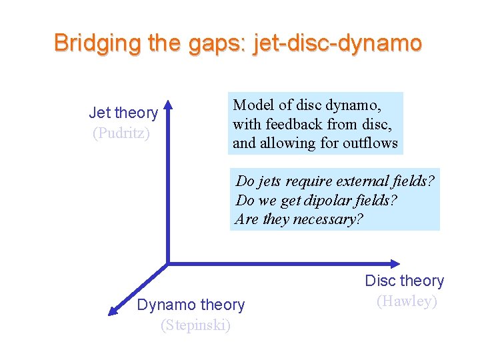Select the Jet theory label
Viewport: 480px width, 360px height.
123,113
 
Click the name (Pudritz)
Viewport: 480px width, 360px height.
121,133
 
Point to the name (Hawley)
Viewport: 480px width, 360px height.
407,301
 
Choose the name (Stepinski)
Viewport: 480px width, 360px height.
195,325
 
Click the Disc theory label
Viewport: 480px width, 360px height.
404,281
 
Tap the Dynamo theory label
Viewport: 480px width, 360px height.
191,305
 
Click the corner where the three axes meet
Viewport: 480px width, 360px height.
168,263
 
